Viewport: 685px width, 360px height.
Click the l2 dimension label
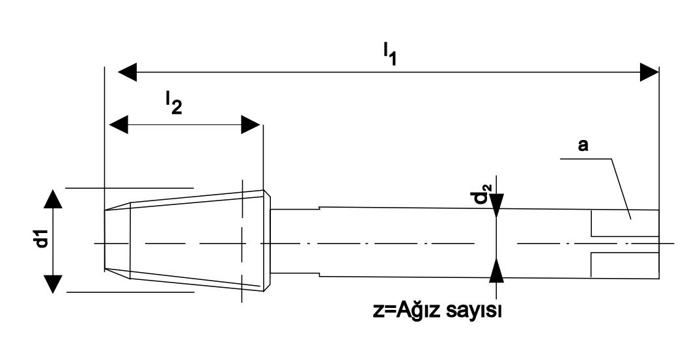pos(173,102)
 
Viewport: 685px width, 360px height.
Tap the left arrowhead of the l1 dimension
pos(126,72)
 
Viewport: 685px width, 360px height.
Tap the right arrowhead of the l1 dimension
pos(649,72)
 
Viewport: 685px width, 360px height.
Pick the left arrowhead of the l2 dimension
pos(118,124)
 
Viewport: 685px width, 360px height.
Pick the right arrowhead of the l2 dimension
pos(251,124)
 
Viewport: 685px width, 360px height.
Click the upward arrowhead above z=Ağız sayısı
pos(496,269)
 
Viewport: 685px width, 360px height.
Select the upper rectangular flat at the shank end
pos(624,224)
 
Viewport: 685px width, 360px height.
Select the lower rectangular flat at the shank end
pos(624,264)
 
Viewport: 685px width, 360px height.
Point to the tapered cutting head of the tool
pos(195,241)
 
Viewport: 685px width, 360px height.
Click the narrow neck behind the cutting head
pos(293,242)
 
